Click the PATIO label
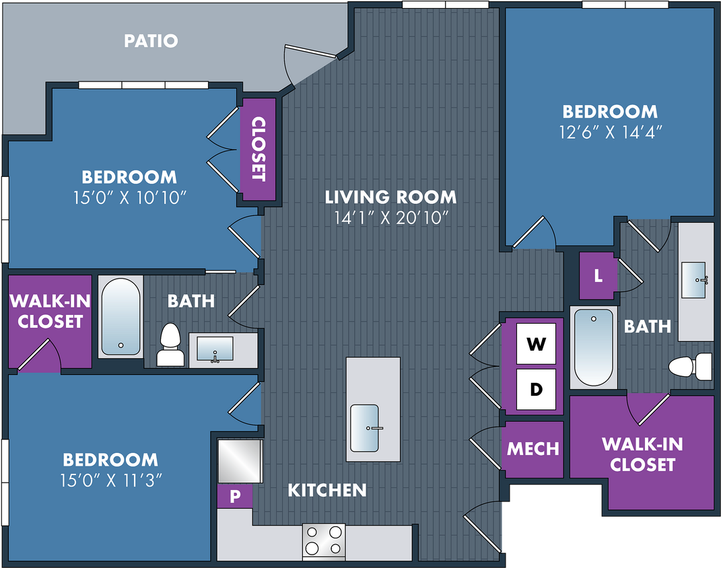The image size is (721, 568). coord(151,41)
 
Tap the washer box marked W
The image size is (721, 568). coord(536,343)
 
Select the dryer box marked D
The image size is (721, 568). coord(536,389)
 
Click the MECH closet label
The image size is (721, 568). coord(533,449)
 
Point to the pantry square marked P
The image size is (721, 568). coord(235,496)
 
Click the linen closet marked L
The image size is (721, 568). coord(597,276)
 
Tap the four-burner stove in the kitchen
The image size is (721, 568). coord(324,541)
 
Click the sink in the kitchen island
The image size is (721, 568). coord(365,428)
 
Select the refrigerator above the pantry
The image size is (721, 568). coord(240,461)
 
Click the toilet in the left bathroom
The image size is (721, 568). coord(170,345)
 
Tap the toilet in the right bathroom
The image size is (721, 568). coord(690,366)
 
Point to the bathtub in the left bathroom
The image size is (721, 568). coord(121,316)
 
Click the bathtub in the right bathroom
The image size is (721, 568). coord(594,347)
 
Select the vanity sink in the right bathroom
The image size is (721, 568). coord(693,280)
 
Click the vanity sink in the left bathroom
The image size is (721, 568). coord(215,349)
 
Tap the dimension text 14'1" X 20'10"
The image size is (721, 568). coord(391,218)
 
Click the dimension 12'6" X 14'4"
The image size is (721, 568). coord(610,133)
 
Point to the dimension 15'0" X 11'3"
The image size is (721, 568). coord(111,481)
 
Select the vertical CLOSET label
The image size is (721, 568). coord(259,149)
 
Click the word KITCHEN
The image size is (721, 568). coord(327,491)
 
